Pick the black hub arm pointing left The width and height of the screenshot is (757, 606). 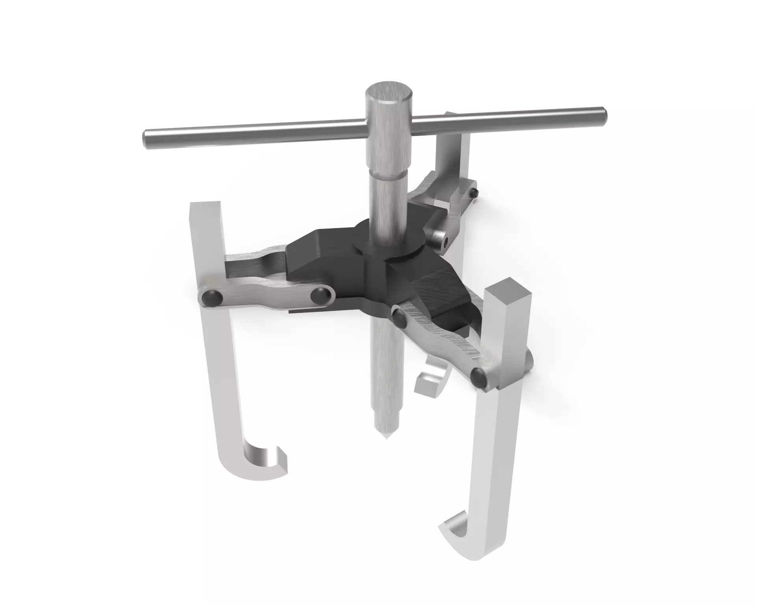pos(315,256)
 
